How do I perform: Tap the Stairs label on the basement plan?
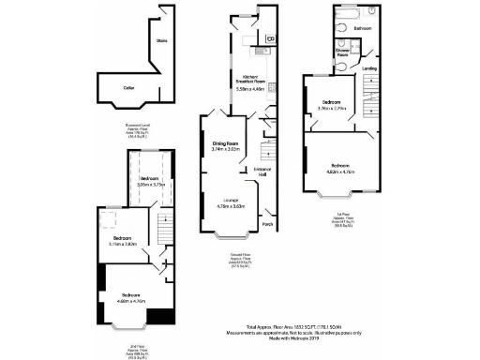[x=161, y=41]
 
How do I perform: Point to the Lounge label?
[x=229, y=201]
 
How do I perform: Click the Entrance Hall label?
[x=265, y=172]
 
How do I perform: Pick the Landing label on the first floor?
[x=371, y=68]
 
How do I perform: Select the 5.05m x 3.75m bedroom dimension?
[x=151, y=186]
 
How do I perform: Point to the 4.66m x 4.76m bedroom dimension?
[x=131, y=302]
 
